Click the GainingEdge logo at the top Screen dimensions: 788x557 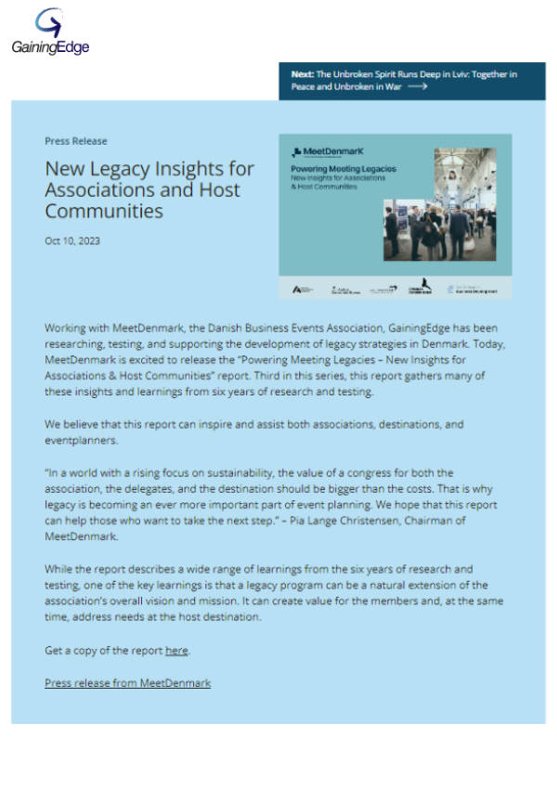[50, 32]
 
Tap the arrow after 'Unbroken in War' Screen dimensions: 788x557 [417, 86]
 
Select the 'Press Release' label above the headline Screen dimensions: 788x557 [75, 141]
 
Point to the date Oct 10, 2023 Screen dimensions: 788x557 [72, 240]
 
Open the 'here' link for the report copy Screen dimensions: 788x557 [176, 651]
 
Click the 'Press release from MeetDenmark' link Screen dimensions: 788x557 [127, 683]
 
